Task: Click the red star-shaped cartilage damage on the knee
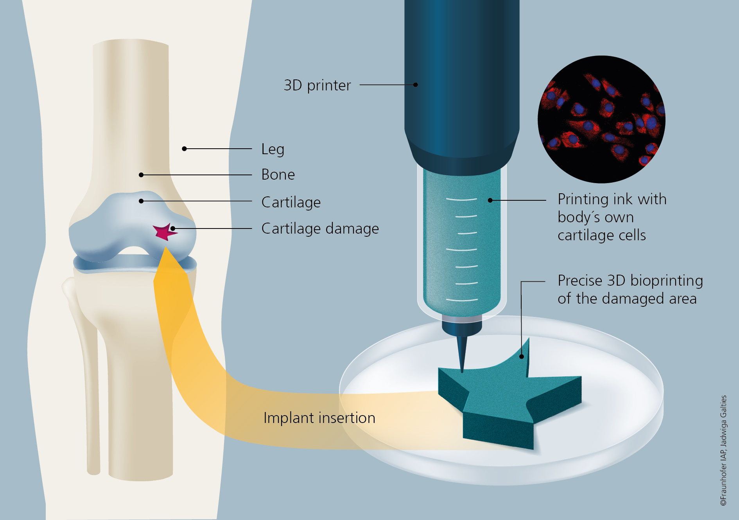point(163,232)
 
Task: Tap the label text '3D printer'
point(317,85)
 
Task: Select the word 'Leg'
point(273,149)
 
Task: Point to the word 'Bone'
point(278,175)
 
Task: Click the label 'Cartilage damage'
point(320,229)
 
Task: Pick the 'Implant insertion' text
point(319,418)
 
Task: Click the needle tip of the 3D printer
point(462,370)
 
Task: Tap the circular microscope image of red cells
point(601,119)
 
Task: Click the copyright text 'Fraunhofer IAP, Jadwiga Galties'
point(723,450)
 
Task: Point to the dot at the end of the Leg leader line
point(184,149)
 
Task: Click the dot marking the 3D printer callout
point(416,85)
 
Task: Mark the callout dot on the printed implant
point(522,356)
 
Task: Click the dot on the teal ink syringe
point(490,200)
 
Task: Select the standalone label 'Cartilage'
point(291,202)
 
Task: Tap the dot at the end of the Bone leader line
point(141,175)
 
